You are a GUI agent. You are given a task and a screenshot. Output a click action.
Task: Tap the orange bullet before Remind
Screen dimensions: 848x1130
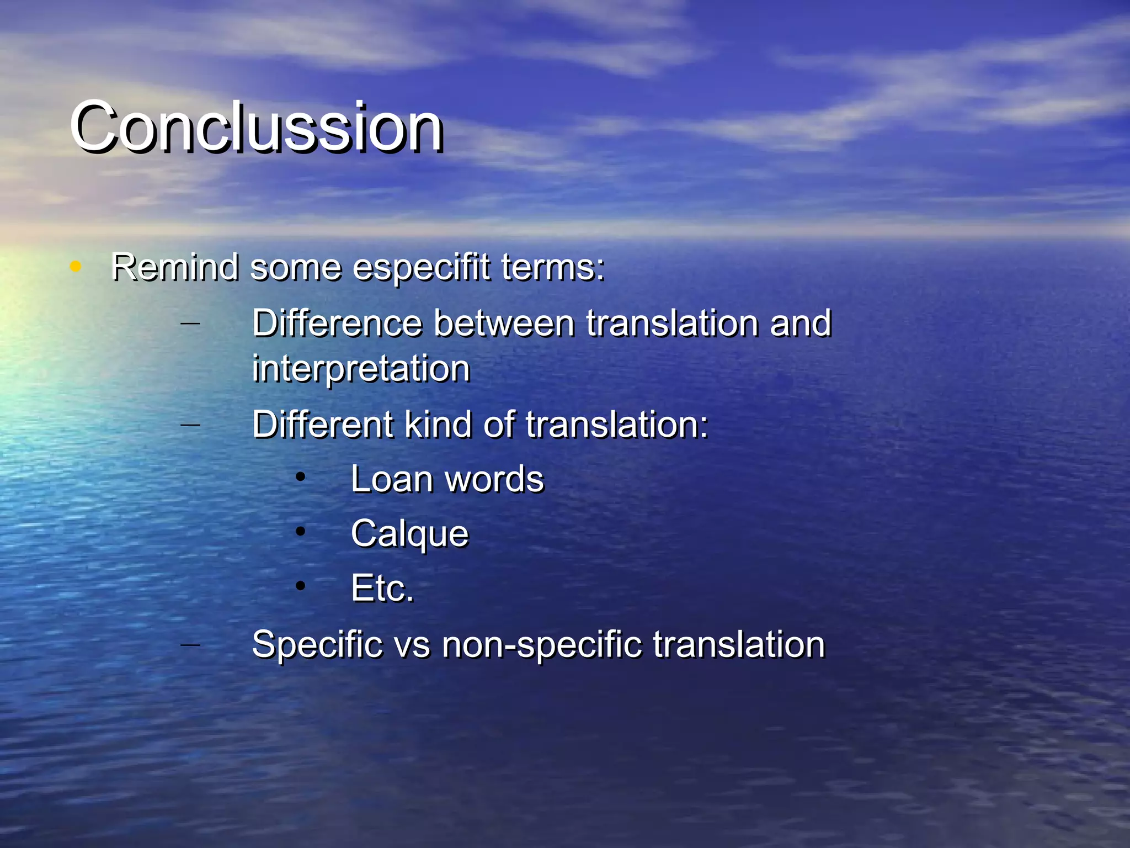(76, 267)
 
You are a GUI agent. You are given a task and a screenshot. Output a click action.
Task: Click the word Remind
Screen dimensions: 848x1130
(175, 267)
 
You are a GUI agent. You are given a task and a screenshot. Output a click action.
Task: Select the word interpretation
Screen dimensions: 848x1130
(361, 369)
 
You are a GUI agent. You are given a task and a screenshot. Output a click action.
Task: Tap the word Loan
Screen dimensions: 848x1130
(391, 479)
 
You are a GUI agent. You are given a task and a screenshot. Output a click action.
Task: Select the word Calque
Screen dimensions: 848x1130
(409, 534)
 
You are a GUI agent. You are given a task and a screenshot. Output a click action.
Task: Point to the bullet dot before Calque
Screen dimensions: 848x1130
(300, 532)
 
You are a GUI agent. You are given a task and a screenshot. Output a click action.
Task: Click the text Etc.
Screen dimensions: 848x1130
(382, 588)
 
